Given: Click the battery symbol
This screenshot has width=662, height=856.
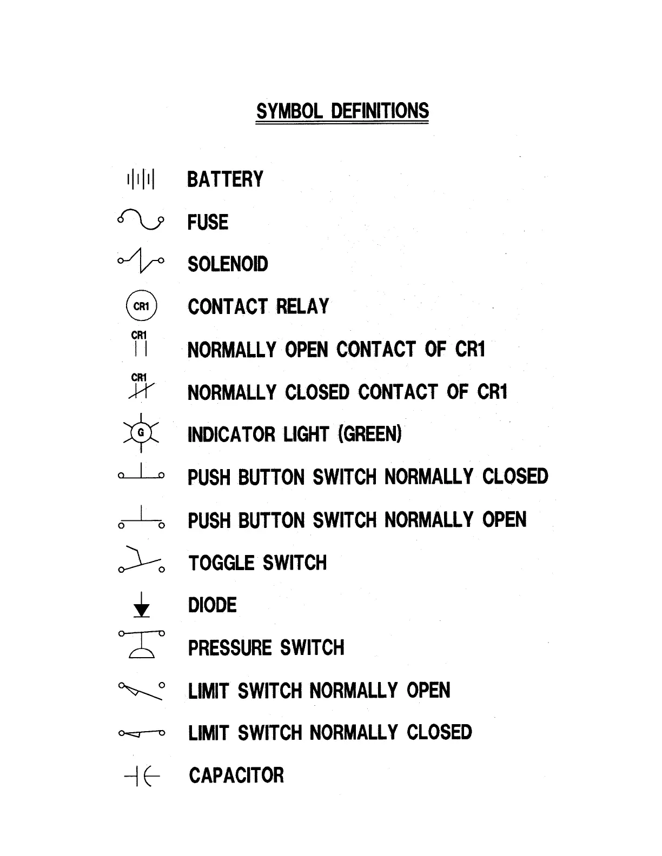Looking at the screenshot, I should point(141,179).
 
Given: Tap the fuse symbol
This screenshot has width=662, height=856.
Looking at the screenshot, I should point(141,219).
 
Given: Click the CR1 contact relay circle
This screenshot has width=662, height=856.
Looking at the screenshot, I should point(141,306).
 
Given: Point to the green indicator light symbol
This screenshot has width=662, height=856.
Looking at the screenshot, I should point(141,432).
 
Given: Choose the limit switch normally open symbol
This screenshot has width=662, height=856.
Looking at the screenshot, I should point(141,690).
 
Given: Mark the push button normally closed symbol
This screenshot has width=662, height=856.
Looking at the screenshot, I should point(141,473).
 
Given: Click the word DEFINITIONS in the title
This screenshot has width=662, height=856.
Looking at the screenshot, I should point(380,111).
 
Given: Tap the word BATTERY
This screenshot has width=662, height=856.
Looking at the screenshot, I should point(225,179).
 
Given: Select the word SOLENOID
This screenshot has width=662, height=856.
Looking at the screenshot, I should point(228,264).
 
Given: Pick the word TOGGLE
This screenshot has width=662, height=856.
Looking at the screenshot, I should point(221,563).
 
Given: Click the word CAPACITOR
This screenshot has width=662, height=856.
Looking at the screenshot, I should point(236,775).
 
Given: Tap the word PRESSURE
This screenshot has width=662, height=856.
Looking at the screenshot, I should point(230,648).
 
